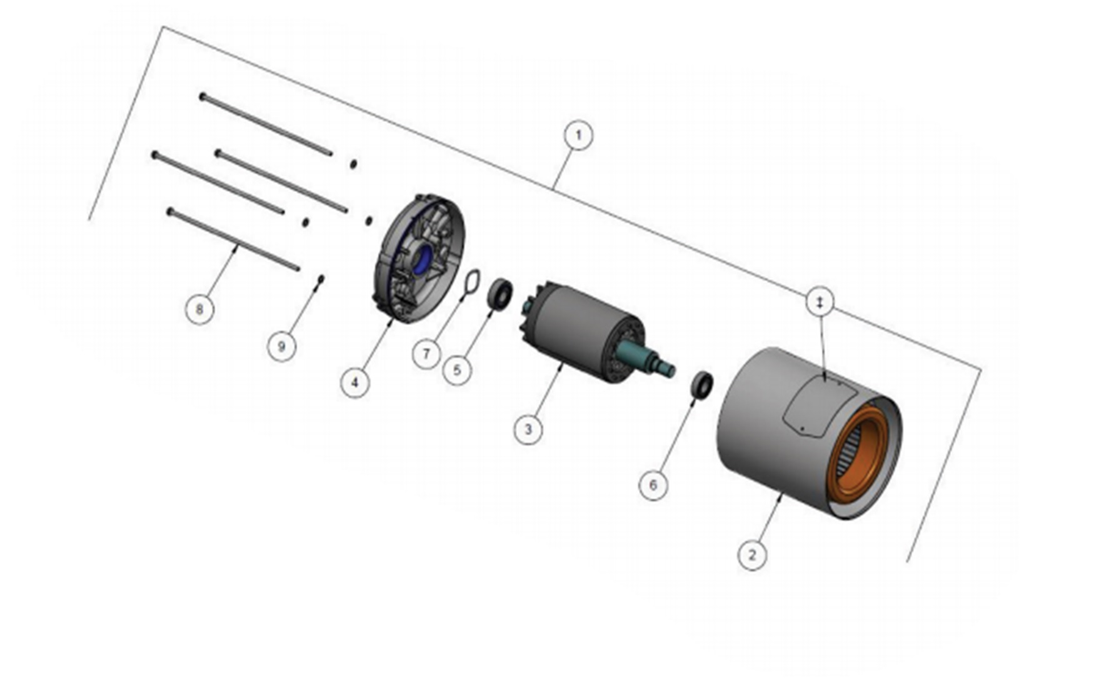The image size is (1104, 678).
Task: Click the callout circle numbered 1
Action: pos(578,136)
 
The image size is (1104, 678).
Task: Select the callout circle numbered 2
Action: pos(751,554)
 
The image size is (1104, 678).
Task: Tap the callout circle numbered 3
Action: pos(528,430)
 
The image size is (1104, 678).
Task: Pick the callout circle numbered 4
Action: pos(355,382)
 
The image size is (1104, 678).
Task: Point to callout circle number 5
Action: pos(457,370)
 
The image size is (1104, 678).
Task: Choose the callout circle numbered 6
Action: pos(653,486)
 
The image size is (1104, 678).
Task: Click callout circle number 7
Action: pos(426,354)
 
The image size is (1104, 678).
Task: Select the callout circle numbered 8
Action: pos(199,309)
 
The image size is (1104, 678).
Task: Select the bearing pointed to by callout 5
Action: pos(500,294)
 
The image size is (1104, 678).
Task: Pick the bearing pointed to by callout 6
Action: pos(702,384)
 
